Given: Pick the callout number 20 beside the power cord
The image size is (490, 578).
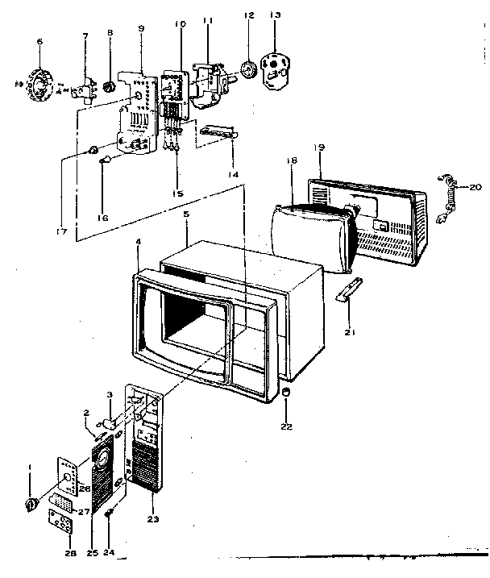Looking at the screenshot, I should coord(475,186).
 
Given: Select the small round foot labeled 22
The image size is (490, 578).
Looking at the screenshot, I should coord(287,392).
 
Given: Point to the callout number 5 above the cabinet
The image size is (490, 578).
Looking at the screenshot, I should coord(186,216).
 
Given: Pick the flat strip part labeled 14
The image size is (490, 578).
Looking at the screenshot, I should coord(218,131).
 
